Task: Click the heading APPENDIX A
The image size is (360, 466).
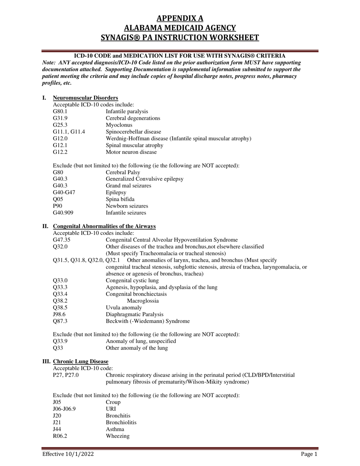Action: [x=180, y=18]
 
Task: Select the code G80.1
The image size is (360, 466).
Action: [x=60, y=111]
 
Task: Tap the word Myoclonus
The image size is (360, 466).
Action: [x=119, y=125]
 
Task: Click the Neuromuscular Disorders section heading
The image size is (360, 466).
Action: [x=85, y=98]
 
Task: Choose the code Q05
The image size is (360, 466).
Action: [x=57, y=199]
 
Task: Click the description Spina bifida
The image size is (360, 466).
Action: [x=120, y=199]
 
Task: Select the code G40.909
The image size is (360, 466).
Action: [x=63, y=213]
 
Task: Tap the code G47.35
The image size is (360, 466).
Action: [x=61, y=240]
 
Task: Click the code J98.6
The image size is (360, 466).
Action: [x=59, y=314]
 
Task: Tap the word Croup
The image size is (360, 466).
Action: [x=113, y=402]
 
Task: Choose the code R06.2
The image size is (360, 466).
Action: [x=60, y=436]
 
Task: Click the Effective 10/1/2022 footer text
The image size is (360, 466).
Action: [x=68, y=454]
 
